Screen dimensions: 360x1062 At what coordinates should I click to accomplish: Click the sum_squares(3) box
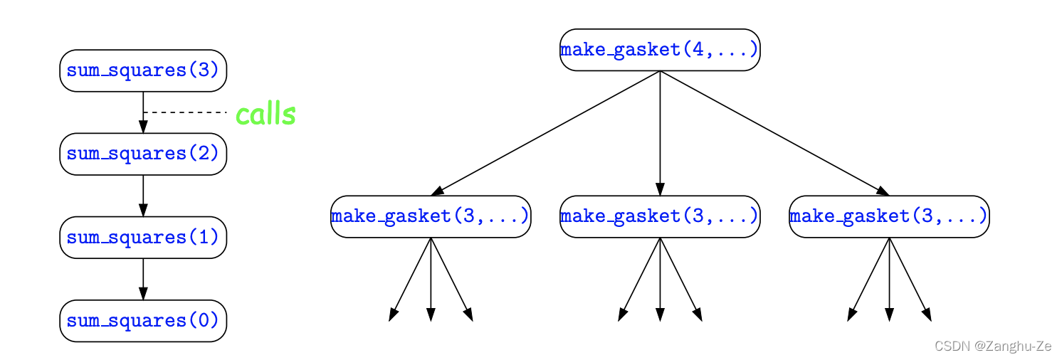click(143, 70)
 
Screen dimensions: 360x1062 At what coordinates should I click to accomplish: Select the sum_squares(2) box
click(143, 154)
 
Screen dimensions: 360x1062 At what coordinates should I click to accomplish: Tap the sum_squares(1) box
click(143, 237)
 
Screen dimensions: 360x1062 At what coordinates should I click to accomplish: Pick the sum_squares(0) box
click(143, 320)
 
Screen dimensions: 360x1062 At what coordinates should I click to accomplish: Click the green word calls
click(265, 115)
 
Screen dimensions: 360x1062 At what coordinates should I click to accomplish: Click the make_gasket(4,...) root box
click(660, 50)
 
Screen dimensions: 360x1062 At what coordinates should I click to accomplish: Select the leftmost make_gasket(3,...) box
click(431, 216)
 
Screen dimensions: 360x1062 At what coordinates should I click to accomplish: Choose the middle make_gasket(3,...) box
click(660, 216)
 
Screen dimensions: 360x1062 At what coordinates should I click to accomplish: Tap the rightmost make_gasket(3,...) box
click(889, 216)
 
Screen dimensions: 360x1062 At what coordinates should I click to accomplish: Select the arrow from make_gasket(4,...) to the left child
click(545, 133)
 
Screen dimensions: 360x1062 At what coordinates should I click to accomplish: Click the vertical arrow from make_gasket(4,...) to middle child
click(660, 133)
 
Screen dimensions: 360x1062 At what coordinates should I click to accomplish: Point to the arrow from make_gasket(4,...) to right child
click(774, 133)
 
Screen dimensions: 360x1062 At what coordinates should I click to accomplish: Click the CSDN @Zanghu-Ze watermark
click(992, 346)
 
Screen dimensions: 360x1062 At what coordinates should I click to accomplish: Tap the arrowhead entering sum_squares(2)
click(143, 127)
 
